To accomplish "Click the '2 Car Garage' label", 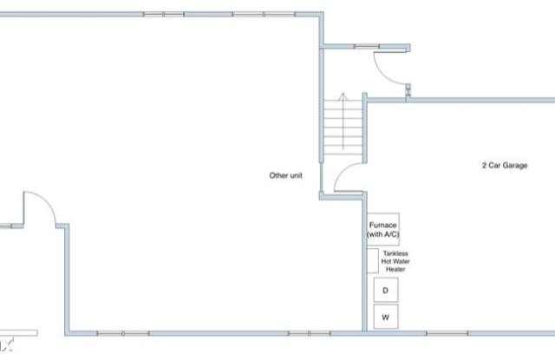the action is [505, 166].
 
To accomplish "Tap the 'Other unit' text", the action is [285, 175].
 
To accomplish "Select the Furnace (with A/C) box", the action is [383, 229].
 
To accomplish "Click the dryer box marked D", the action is [386, 290].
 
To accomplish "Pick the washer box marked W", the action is [386, 317].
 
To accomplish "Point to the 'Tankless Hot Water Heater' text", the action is [395, 261].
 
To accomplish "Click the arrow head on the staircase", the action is [343, 96].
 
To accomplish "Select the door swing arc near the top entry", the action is [384, 74].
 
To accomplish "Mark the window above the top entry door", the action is [367, 46].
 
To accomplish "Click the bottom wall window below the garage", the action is [447, 333].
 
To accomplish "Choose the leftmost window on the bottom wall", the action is [123, 333].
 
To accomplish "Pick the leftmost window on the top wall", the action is [164, 14].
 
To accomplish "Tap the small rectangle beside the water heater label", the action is [373, 261].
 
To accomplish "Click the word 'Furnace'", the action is [382, 225].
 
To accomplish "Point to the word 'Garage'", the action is [515, 166].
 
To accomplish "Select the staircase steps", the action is [343, 128].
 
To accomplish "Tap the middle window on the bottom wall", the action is [309, 333].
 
